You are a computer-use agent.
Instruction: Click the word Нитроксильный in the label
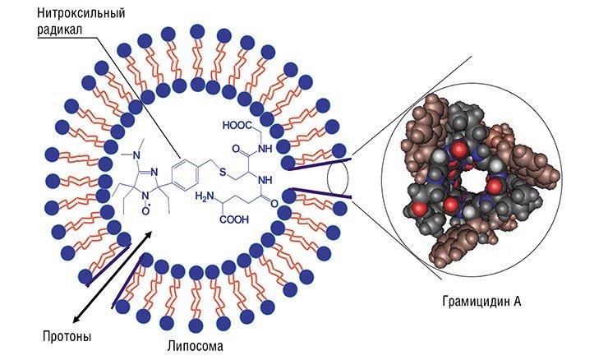click(81, 13)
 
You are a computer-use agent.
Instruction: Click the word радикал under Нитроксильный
click(60, 30)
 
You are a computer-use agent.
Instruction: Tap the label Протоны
click(67, 336)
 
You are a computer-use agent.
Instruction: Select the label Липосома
click(196, 346)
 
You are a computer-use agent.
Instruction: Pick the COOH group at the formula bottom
click(234, 220)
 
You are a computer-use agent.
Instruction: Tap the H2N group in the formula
click(205, 197)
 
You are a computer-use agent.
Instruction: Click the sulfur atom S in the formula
click(223, 172)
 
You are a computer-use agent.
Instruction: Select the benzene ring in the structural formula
click(186, 176)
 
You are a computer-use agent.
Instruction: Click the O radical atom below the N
click(146, 210)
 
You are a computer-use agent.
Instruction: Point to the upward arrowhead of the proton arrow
click(150, 233)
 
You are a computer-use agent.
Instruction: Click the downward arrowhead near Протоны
click(76, 318)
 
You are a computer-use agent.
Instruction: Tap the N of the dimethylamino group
click(136, 156)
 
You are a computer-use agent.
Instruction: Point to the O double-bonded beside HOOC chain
click(235, 149)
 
